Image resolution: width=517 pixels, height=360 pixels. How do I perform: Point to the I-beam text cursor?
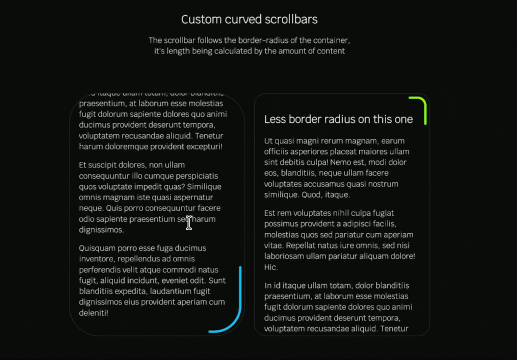tap(189, 223)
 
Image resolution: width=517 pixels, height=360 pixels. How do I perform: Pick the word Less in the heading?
tap(274, 119)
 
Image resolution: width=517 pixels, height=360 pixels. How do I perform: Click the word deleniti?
tap(93, 313)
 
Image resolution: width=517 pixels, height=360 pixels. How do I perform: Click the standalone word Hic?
tap(270, 267)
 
